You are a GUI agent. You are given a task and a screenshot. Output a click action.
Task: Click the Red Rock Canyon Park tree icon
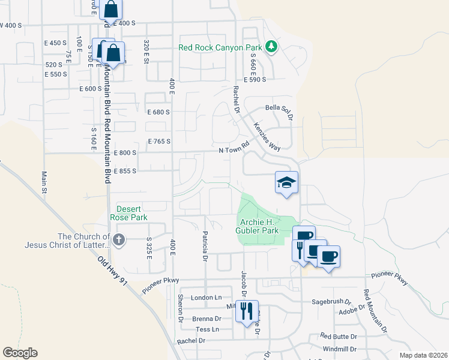[271, 47]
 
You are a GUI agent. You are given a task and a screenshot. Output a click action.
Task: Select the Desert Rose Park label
[128, 213]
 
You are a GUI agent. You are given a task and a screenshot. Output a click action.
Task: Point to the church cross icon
[119, 241]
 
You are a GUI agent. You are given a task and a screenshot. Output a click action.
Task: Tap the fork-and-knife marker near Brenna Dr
[247, 311]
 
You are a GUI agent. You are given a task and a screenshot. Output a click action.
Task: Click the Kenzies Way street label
[268, 139]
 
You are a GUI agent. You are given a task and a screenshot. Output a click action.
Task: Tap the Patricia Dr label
[205, 246]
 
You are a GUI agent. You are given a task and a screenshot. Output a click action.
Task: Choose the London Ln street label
[206, 298]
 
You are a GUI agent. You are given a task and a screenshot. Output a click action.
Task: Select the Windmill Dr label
[340, 349]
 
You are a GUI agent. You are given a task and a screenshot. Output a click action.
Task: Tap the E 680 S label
[158, 112]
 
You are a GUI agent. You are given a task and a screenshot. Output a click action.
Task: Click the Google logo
[20, 353]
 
